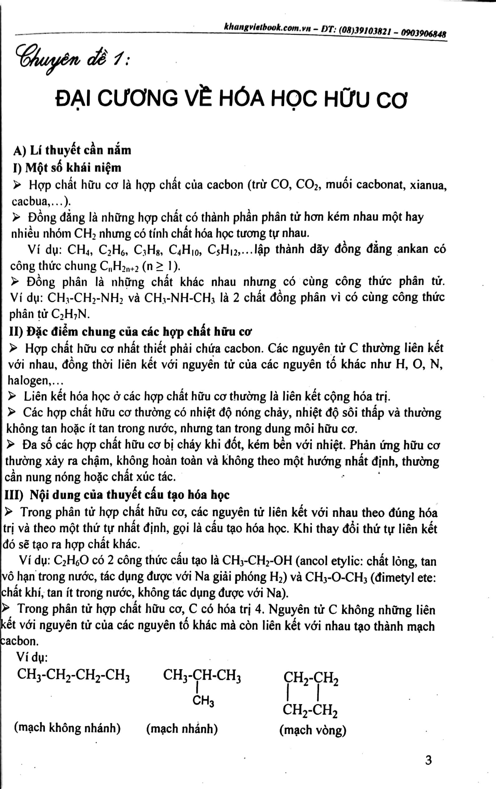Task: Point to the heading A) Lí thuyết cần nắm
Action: (x=72, y=150)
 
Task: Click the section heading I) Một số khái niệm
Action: (x=67, y=167)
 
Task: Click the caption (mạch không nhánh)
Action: (x=67, y=728)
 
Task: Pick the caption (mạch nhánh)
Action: (x=182, y=729)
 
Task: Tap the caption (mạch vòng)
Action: (x=313, y=730)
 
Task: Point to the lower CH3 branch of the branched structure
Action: (x=203, y=701)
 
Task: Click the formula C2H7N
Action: (x=70, y=314)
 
